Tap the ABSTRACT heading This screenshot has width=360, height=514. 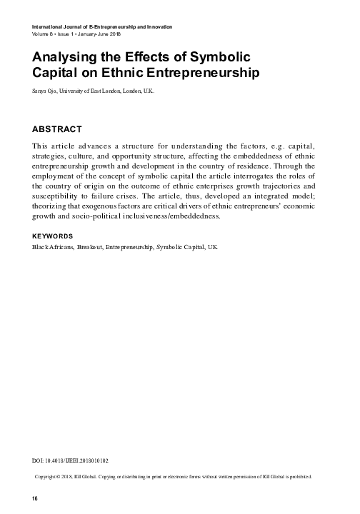(60, 131)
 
